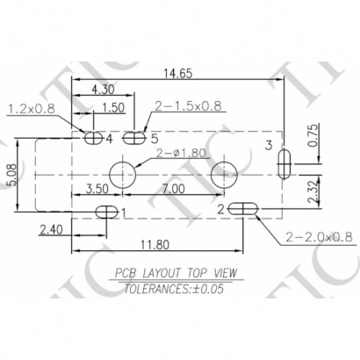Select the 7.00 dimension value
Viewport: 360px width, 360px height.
(x=172, y=189)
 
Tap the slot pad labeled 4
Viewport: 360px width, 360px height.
(x=92, y=137)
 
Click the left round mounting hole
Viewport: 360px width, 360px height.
(x=121, y=171)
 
